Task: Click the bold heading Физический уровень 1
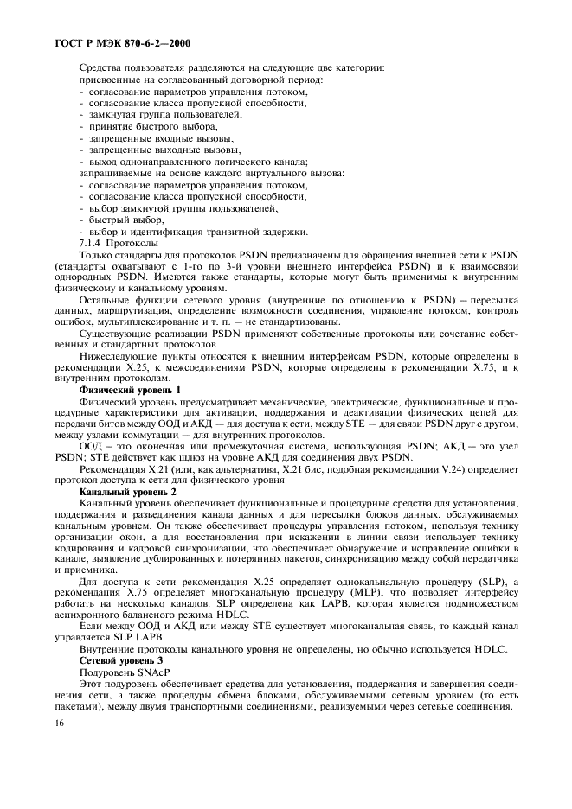coord(129,390)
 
